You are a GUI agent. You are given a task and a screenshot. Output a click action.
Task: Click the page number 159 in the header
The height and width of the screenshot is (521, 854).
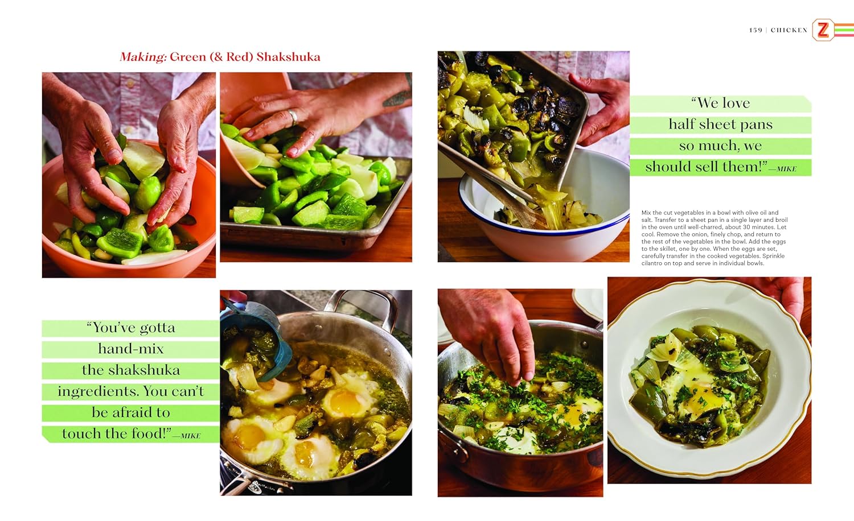click(x=756, y=30)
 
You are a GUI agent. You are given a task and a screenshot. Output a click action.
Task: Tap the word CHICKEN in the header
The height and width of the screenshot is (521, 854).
click(x=789, y=30)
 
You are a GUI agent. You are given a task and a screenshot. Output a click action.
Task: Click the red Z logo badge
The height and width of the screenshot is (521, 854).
click(x=823, y=30)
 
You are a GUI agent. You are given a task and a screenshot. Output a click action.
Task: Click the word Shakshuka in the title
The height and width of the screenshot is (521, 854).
click(x=288, y=57)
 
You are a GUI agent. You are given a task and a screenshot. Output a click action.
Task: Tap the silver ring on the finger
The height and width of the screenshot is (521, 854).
click(x=293, y=117)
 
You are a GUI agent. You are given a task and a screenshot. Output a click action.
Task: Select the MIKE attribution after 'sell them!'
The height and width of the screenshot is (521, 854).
click(x=786, y=169)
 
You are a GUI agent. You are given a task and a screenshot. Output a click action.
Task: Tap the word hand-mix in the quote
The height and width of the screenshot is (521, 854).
click(x=131, y=349)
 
